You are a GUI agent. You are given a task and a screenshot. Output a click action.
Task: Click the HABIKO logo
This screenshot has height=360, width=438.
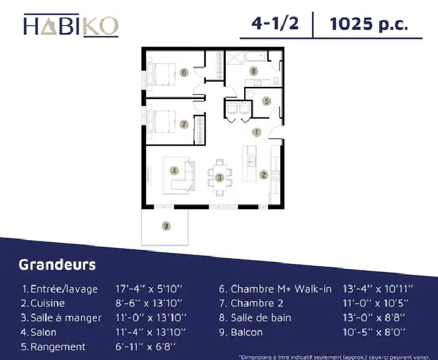pos(71,26)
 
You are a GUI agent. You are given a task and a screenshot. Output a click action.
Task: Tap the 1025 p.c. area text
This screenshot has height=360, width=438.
pos(369,24)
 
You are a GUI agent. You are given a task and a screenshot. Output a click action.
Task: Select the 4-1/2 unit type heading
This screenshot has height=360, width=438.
pos(275,23)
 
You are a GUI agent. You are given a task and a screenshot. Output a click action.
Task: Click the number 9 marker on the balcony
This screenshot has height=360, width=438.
pos(166,226)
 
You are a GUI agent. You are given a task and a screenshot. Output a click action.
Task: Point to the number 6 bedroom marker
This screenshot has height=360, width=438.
pos(184,73)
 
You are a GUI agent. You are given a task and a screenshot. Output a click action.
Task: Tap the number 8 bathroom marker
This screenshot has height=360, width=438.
pos(253,71)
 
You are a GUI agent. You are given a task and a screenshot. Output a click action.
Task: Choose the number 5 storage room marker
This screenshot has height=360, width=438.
pos(267,101)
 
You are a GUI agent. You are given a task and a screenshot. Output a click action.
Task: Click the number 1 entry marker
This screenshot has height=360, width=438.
pos(257,132)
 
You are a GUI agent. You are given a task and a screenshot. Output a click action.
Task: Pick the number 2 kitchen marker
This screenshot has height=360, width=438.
pos(264,175)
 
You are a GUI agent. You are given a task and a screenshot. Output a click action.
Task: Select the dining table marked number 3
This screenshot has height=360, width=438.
pos(220,178)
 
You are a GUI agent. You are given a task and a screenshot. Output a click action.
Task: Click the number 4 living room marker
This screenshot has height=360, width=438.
pos(174,170)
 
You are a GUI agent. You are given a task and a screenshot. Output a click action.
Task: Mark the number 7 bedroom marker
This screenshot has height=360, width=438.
pos(184,124)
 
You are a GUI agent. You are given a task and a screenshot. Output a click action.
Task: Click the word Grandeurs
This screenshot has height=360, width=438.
pos(58,264)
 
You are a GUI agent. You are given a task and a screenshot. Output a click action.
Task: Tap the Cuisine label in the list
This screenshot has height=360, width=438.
pos(48,303)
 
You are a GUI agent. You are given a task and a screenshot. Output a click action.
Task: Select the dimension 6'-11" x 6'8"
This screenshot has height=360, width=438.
pos(146,347)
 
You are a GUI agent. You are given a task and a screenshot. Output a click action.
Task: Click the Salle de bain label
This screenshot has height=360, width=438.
pos(261,318)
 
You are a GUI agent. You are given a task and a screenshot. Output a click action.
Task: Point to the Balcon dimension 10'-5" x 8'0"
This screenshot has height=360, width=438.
pos(374,332)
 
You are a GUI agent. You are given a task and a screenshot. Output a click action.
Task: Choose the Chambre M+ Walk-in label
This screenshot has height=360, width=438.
pos(281,289)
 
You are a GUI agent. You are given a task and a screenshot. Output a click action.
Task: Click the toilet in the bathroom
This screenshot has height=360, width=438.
pos(277,81)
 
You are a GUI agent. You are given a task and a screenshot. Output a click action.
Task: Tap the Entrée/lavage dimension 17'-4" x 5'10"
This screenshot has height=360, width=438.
pos(149,289)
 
